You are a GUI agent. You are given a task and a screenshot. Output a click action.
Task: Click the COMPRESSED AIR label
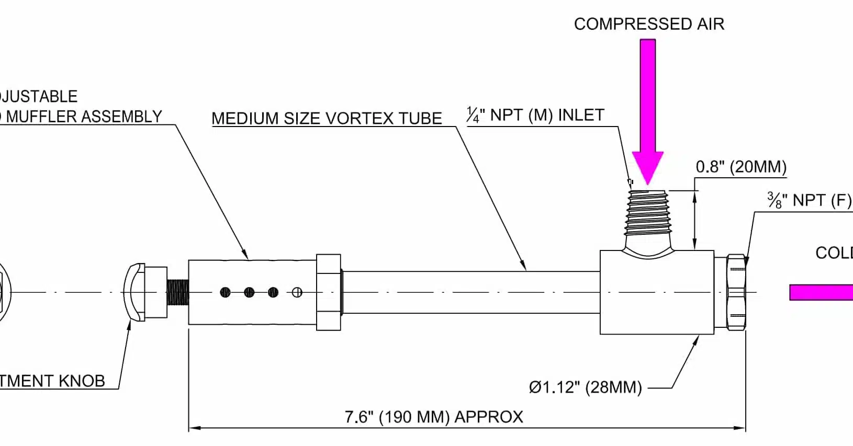pos(649,24)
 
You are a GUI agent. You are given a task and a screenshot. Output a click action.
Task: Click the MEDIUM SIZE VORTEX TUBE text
pos(327,118)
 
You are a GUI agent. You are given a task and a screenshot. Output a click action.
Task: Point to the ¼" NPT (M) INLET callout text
pos(535,115)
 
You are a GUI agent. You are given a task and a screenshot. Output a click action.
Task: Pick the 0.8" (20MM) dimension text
pos(741,167)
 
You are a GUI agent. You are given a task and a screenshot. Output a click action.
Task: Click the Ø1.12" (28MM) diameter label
pos(585,387)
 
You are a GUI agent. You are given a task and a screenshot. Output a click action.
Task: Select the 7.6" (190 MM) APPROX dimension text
pos(434,417)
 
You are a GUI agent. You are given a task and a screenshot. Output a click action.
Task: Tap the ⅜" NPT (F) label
pos(809,200)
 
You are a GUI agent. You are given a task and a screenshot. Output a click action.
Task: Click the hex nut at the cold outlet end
pos(736,292)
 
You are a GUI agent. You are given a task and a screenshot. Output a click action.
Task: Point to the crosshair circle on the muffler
pos(297,292)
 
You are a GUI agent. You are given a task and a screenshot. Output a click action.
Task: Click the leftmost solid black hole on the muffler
pos(225,292)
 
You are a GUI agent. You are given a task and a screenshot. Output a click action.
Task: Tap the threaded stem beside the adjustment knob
pos(178,293)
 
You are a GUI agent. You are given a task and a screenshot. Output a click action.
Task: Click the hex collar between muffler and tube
pos(329,292)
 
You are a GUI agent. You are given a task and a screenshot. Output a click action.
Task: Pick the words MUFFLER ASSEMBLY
pos(84,117)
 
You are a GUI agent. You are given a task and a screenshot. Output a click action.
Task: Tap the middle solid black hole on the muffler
pos(249,292)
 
